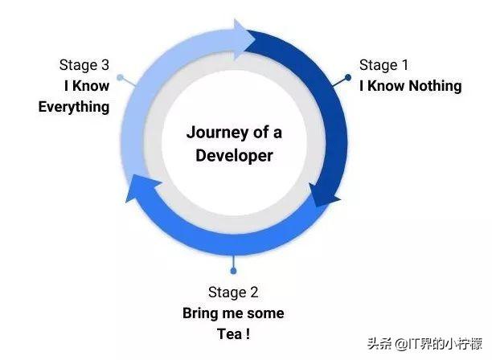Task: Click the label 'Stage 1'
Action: [x=385, y=65]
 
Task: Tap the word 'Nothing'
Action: [x=434, y=85]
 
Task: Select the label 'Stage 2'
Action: [x=233, y=292]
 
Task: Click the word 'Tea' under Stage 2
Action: [x=226, y=333]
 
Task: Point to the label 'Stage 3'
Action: [x=84, y=64]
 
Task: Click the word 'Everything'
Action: [x=74, y=106]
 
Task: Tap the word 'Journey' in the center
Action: [x=213, y=132]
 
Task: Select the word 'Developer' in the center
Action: [x=234, y=154]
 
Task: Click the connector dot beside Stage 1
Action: [x=348, y=77]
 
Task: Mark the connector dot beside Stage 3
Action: [x=120, y=78]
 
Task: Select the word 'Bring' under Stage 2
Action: [x=200, y=313]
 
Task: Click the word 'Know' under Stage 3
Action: [x=92, y=85]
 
